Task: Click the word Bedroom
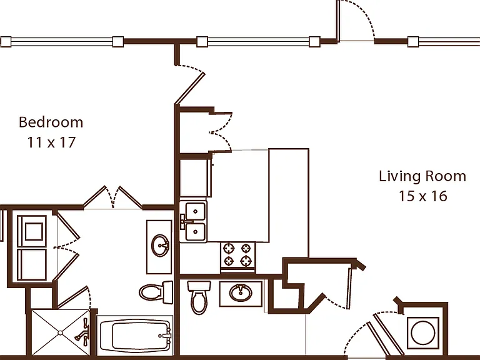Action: tap(51, 122)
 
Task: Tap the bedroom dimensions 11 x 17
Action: tap(51, 142)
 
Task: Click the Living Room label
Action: tap(422, 176)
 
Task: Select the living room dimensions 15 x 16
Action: tap(422, 196)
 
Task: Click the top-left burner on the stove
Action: tap(229, 248)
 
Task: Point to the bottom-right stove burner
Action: tap(246, 261)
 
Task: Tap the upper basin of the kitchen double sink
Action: tap(195, 211)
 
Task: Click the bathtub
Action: tap(135, 335)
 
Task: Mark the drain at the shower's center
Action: tap(60, 332)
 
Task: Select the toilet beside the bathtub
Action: tap(156, 292)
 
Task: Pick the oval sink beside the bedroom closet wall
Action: tap(160, 245)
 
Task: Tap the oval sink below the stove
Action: tap(241, 293)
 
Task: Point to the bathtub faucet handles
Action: tap(166, 336)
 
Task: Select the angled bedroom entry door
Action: tap(190, 88)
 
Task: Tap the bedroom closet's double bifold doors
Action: tap(112, 197)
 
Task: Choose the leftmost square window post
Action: tap(6, 42)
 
